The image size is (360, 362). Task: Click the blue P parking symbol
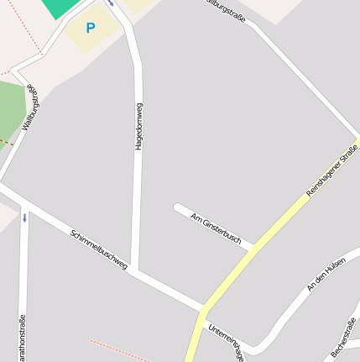tap(91, 29)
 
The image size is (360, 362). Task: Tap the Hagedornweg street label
tap(138, 127)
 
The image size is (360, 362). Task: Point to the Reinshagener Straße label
tap(331, 171)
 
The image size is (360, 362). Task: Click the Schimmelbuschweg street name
tap(99, 249)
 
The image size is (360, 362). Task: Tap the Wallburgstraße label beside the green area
tap(31, 107)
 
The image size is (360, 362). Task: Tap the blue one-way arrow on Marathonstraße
tap(25, 218)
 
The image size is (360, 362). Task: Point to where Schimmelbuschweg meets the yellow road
tap(204, 305)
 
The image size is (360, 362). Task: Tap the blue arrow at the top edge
tap(111, 3)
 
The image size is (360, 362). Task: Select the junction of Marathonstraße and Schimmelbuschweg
tap(24, 205)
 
